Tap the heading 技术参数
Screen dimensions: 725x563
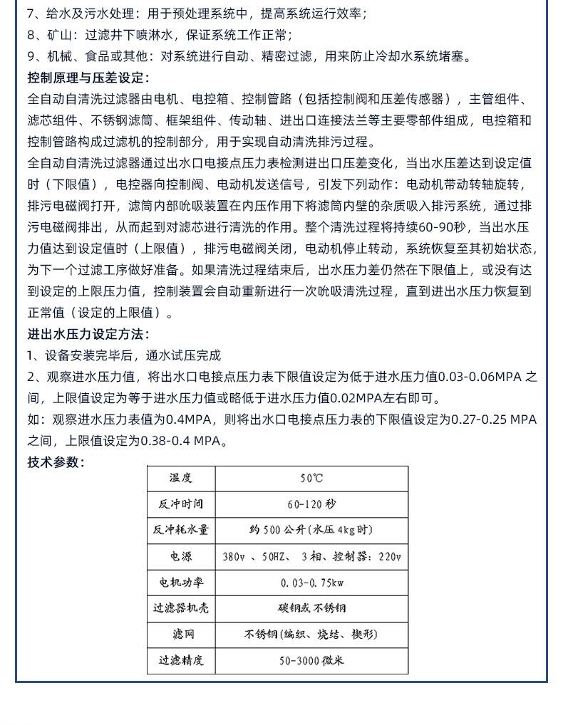tap(56, 462)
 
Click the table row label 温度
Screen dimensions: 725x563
tap(181, 478)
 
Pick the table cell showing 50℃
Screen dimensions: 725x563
tap(311, 478)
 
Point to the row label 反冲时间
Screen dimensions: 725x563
tap(181, 504)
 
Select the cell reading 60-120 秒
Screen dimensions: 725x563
tap(311, 504)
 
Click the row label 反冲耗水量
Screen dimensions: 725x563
tap(181, 530)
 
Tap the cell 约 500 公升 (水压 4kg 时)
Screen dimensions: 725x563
tap(311, 530)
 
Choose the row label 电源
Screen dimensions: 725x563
tap(181, 556)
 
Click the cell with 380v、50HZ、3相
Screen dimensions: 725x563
tap(311, 556)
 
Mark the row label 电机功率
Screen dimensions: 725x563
tap(181, 583)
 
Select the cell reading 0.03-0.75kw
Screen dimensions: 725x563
tap(311, 583)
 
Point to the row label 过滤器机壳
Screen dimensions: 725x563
tap(181, 608)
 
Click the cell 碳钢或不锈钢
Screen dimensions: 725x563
tap(311, 608)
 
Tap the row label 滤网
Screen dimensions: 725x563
tap(181, 634)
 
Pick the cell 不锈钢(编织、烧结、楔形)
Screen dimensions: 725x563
tap(311, 634)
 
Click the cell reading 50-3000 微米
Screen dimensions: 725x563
tap(311, 660)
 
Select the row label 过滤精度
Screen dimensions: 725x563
tap(181, 660)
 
